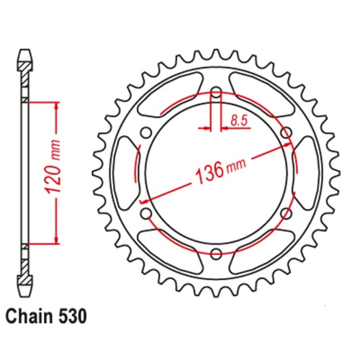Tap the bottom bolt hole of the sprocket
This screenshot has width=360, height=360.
tap(215, 253)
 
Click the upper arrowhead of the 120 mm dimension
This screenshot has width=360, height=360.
tap(55, 105)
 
